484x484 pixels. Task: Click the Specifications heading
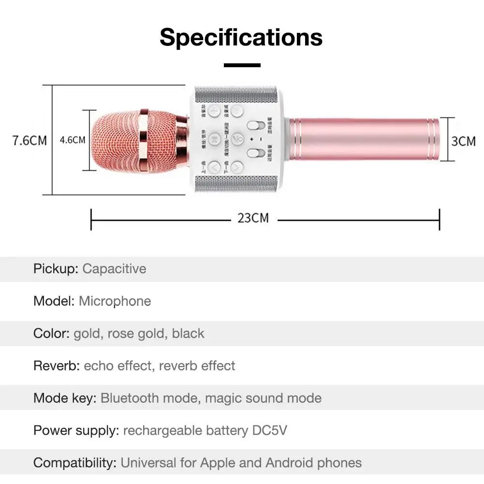[x=241, y=37]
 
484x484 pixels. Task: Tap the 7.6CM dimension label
[x=29, y=141]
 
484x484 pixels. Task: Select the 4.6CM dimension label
[x=73, y=140]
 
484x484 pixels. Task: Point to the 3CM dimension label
[x=463, y=141]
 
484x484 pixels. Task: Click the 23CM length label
[x=253, y=218]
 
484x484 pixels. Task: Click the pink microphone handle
[x=365, y=140]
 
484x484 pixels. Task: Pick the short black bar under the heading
[x=242, y=65]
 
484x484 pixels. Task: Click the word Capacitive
[x=114, y=269]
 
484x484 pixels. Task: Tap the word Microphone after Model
[x=115, y=301]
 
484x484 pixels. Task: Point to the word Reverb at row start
[x=56, y=366]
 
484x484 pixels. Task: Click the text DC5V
[x=270, y=430]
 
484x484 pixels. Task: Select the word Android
[x=289, y=463]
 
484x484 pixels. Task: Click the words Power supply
[x=76, y=430]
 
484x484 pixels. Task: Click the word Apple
[x=218, y=463]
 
